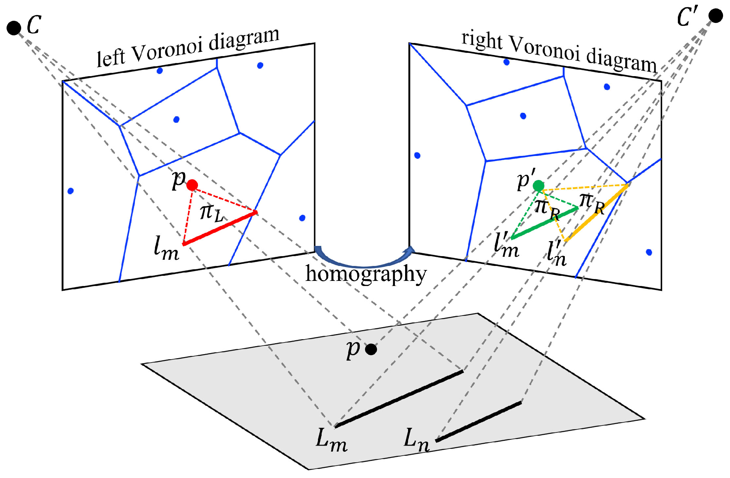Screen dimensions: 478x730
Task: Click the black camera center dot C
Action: coord(14,28)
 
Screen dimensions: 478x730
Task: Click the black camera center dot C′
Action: coord(716,16)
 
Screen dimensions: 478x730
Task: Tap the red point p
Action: coord(192,185)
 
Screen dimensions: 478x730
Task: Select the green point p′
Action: coord(539,186)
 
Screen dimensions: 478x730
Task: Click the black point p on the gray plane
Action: coord(371,349)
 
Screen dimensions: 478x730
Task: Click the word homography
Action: coord(366,274)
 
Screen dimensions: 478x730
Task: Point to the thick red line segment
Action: coord(220,228)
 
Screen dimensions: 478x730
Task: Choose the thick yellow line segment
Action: coord(597,213)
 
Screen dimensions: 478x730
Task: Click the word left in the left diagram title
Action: coord(110,57)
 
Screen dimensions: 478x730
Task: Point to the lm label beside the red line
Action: coord(166,249)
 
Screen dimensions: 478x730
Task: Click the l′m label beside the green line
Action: coord(506,244)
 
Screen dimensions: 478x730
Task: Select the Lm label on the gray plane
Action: coord(331,440)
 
